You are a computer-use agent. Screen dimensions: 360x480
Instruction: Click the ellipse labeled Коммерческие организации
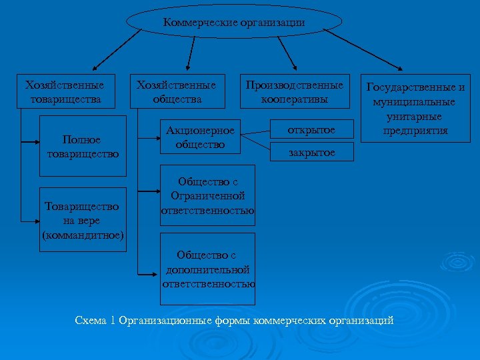pyautogui.click(x=234, y=23)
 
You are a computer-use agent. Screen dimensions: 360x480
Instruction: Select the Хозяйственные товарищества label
pyautogui.click(x=64, y=93)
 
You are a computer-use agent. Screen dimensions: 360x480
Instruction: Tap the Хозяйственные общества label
pyautogui.click(x=176, y=93)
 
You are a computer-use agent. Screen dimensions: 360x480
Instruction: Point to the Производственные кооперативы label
pyautogui.click(x=294, y=93)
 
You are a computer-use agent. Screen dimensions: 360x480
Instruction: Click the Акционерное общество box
pyautogui.click(x=200, y=137)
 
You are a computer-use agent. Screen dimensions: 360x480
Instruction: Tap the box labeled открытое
pyautogui.click(x=311, y=129)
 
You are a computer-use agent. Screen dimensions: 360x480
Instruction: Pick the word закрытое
pyautogui.click(x=311, y=153)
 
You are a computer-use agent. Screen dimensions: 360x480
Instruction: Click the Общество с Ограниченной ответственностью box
pyautogui.click(x=207, y=197)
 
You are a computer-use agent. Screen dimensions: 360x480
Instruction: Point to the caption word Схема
pyautogui.click(x=90, y=321)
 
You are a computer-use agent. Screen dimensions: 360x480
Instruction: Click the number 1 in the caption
pyautogui.click(x=113, y=321)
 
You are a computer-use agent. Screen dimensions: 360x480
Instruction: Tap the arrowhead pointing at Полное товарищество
pyautogui.click(x=36, y=142)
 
